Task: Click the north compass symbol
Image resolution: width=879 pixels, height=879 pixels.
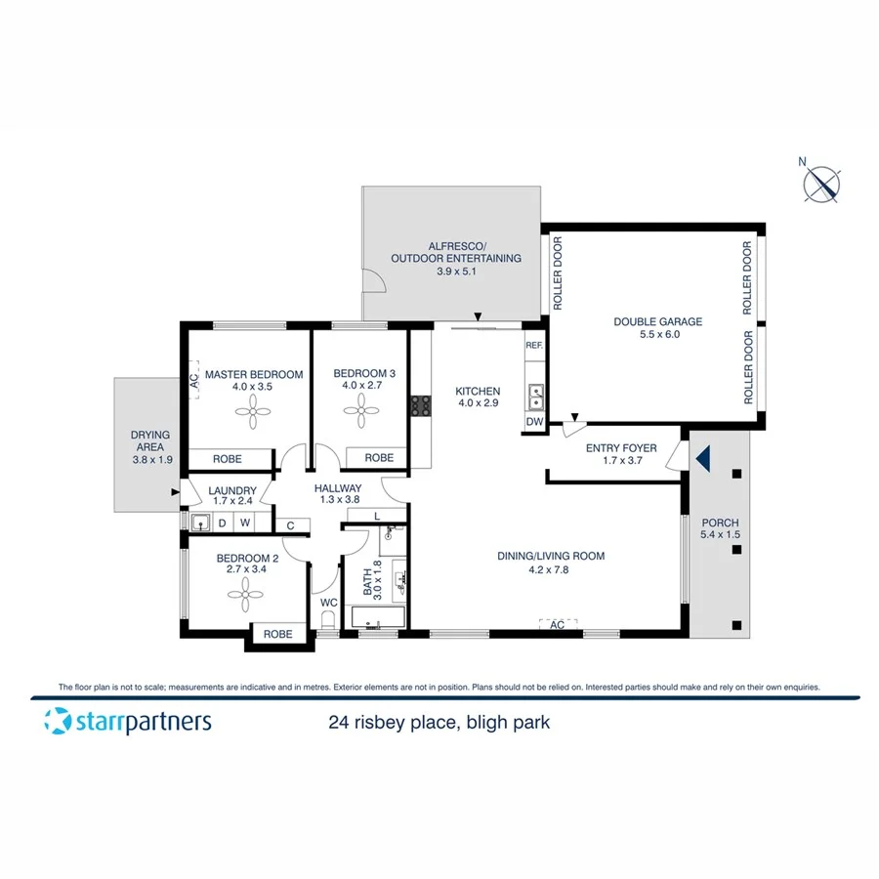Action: click(821, 184)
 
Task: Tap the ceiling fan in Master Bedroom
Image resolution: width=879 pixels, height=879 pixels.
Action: click(253, 415)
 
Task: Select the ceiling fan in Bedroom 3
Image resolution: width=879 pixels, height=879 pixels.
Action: click(357, 415)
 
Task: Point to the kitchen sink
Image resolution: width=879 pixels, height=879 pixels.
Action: click(535, 396)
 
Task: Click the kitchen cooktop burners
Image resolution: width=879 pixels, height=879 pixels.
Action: click(421, 404)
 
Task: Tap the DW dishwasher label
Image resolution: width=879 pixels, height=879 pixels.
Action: click(533, 422)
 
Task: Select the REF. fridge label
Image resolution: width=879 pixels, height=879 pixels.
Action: click(533, 346)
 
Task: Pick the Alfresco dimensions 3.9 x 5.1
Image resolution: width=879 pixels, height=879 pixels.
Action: click(455, 272)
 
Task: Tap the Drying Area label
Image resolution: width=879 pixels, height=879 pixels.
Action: click(150, 442)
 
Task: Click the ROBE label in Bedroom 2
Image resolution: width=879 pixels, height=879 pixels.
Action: click(278, 634)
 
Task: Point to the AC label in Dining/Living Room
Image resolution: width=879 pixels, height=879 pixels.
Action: click(558, 623)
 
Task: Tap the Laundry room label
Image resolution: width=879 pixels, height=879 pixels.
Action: click(232, 490)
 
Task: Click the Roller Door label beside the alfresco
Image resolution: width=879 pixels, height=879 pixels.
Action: click(559, 273)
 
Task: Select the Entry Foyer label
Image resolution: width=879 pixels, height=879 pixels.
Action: click(621, 448)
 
